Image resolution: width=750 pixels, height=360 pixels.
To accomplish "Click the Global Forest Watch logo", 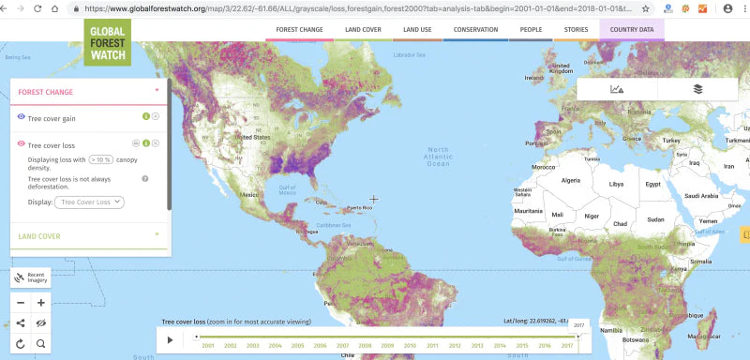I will (108, 41).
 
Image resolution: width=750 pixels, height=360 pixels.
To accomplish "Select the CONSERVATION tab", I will (475, 29).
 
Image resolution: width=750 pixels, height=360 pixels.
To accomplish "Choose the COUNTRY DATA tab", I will (631, 29).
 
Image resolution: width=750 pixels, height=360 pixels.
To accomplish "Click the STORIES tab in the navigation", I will (577, 29).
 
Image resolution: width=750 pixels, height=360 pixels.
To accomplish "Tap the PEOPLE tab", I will (531, 29).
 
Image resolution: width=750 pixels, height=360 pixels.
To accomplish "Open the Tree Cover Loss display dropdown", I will (89, 202).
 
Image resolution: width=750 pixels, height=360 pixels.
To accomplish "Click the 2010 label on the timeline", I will (410, 346).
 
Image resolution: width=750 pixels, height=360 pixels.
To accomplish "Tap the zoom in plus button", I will (41, 303).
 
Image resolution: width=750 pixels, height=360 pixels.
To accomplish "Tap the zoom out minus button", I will (21, 303).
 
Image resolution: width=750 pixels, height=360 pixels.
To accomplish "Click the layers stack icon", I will (697, 89).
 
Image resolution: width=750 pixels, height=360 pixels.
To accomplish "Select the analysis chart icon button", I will (617, 89).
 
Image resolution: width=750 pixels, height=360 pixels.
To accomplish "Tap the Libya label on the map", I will (616, 184).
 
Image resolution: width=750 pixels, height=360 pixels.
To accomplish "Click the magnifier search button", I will (41, 344).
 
